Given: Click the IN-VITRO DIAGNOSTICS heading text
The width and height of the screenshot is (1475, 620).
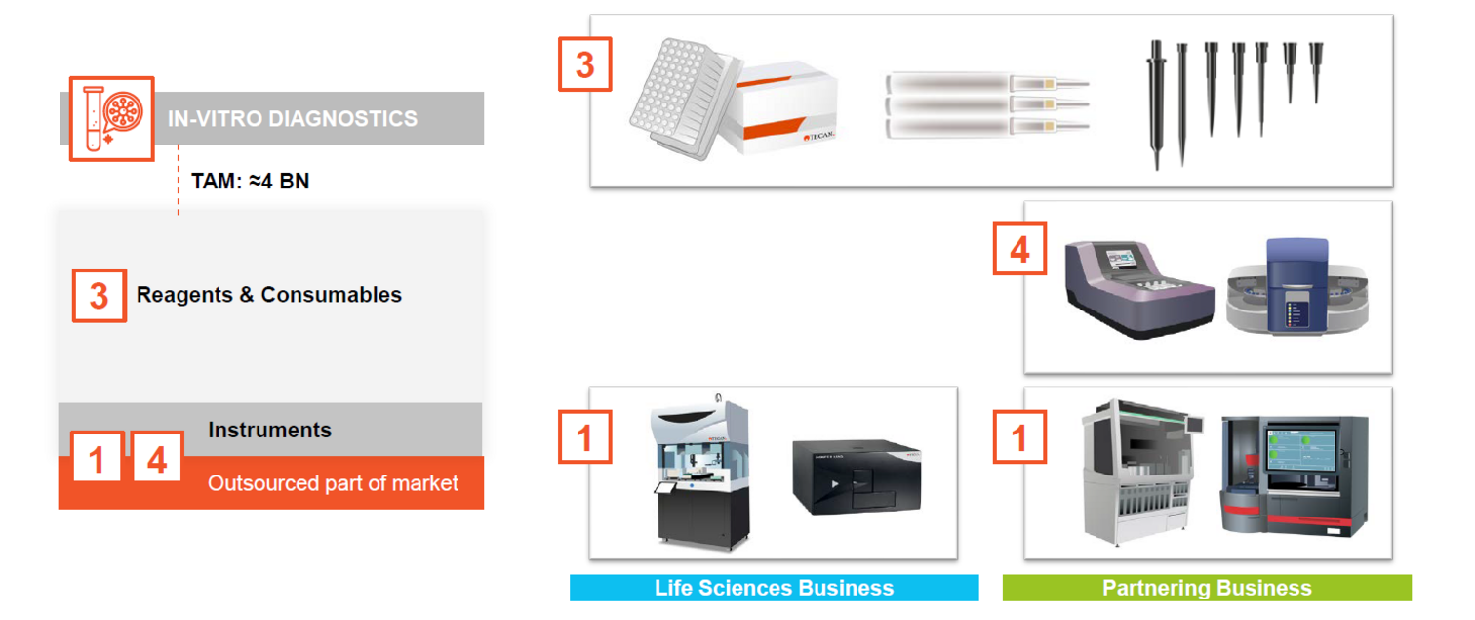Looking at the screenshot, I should (293, 119).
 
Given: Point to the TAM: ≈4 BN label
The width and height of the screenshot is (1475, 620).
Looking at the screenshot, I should (251, 181).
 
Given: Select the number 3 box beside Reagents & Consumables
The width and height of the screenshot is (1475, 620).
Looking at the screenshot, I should (99, 296).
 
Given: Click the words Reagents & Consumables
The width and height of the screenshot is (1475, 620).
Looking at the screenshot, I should (269, 295).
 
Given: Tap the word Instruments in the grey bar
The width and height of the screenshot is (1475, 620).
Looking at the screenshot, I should (269, 430).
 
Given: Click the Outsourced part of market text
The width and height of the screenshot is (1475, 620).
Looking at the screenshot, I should (333, 483).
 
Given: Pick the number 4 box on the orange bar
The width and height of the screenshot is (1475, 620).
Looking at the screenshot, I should (157, 458).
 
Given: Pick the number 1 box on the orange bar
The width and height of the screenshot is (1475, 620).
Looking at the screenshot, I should (97, 458).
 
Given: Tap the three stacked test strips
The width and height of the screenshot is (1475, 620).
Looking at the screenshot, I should (985, 103).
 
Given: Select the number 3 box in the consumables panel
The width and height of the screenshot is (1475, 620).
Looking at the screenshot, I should (584, 64).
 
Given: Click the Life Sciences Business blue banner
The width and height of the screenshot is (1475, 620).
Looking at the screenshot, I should (775, 588).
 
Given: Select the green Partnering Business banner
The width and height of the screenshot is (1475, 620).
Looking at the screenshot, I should (1207, 588).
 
